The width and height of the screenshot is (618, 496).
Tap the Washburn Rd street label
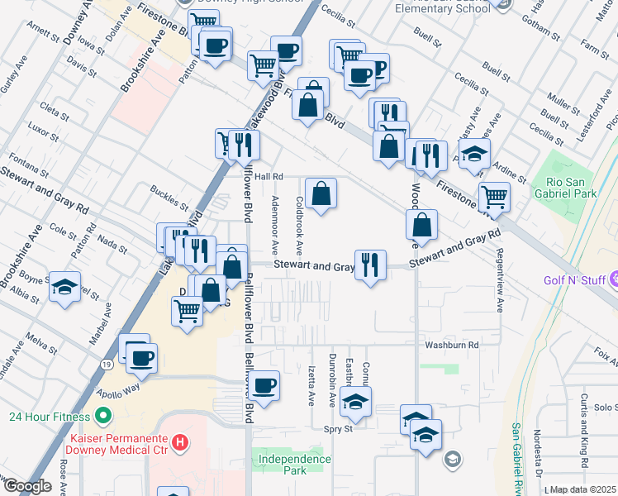(x=452, y=344)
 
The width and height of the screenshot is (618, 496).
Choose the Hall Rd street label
(x=269, y=176)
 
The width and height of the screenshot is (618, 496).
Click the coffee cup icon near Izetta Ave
(x=264, y=385)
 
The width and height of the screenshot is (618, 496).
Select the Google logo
(x=27, y=486)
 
